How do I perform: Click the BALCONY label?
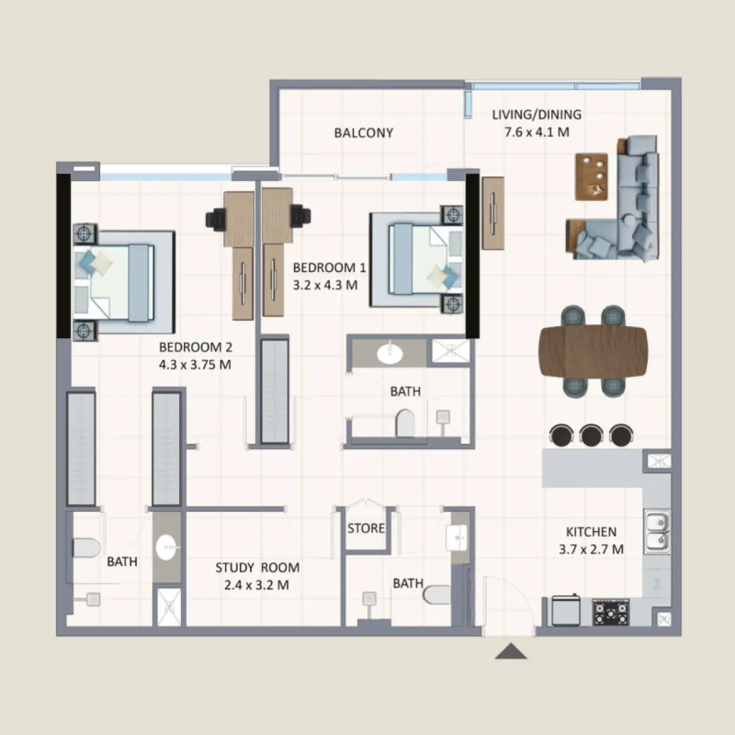click(x=363, y=133)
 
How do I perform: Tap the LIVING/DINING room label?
click(x=537, y=114)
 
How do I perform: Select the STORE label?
click(x=366, y=529)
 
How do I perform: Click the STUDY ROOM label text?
click(x=257, y=568)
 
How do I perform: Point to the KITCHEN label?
click(x=591, y=532)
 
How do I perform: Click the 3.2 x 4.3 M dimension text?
click(x=325, y=285)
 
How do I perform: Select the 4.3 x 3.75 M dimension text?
click(x=195, y=365)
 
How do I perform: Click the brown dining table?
click(x=593, y=351)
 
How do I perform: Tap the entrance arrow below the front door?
click(x=511, y=651)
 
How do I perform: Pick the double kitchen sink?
click(x=657, y=531)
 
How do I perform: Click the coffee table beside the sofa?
click(x=592, y=176)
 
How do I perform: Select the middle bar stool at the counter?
click(x=591, y=435)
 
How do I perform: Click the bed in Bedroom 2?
click(x=120, y=281)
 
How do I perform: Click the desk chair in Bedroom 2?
click(x=217, y=218)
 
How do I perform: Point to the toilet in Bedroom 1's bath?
click(x=405, y=422)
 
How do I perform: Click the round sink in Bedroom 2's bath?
click(x=167, y=549)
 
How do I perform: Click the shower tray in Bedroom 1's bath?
click(x=450, y=351)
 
